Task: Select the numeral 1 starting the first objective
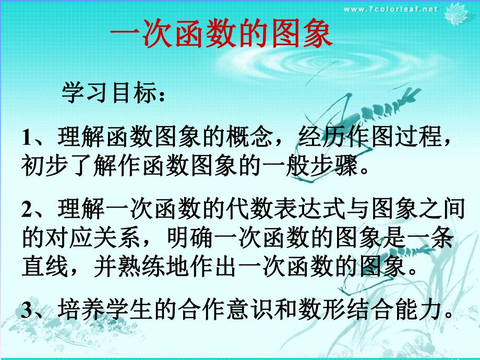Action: point(27,139)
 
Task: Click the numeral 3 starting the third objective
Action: point(27,310)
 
